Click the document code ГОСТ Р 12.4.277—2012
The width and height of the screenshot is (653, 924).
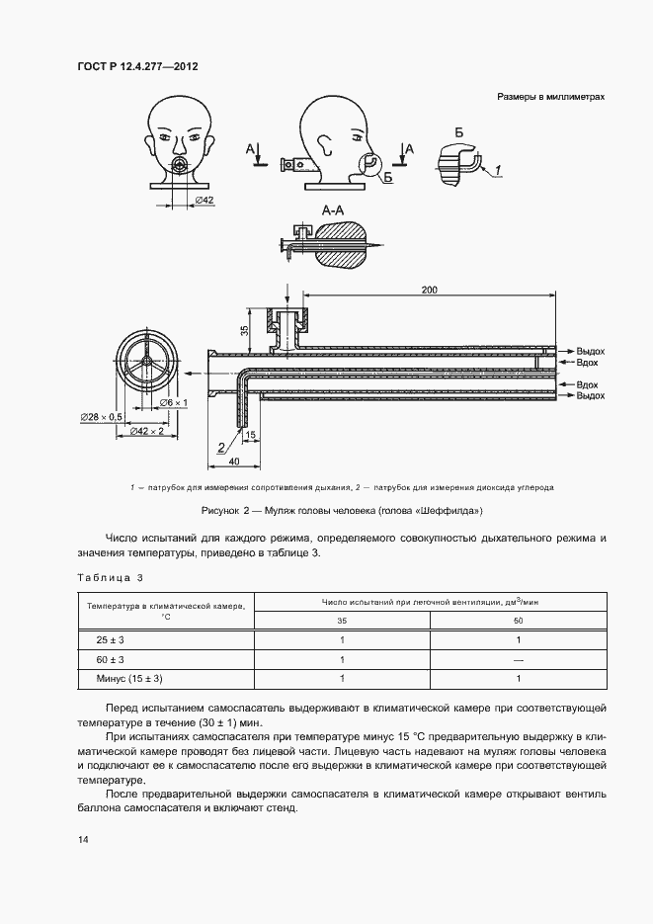point(137,67)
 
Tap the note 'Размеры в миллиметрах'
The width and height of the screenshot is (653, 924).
point(550,97)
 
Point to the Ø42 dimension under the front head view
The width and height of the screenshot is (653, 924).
point(204,201)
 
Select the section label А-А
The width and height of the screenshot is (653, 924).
point(333,210)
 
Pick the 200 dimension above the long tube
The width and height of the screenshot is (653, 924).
point(428,290)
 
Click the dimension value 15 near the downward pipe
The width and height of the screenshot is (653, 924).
point(251,435)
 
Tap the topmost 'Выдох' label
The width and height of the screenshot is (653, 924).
point(591,351)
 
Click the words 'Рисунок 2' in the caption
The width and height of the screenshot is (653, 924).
point(226,510)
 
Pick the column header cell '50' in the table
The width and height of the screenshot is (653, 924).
point(518,620)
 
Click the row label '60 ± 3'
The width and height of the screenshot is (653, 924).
point(111,659)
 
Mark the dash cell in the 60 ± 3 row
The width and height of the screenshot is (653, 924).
point(518,659)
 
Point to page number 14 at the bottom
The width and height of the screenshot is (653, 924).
point(82,840)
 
